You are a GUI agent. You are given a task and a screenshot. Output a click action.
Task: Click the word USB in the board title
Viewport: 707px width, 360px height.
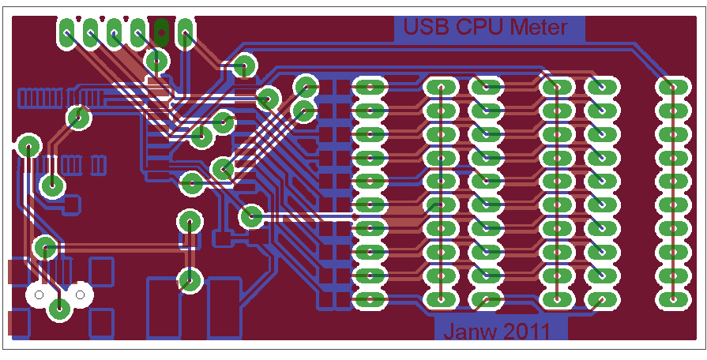(424, 28)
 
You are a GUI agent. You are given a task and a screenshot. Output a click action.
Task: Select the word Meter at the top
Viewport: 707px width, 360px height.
(538, 28)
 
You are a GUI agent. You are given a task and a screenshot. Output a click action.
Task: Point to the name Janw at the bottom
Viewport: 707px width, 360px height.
(470, 332)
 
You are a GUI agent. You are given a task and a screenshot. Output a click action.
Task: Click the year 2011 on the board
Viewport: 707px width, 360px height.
(525, 332)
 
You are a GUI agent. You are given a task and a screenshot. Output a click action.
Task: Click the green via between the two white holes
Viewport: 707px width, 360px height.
(58, 309)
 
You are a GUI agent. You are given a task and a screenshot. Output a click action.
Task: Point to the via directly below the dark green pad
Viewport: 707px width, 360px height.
(157, 60)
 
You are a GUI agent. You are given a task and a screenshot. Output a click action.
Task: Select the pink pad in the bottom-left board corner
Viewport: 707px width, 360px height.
(18, 323)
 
